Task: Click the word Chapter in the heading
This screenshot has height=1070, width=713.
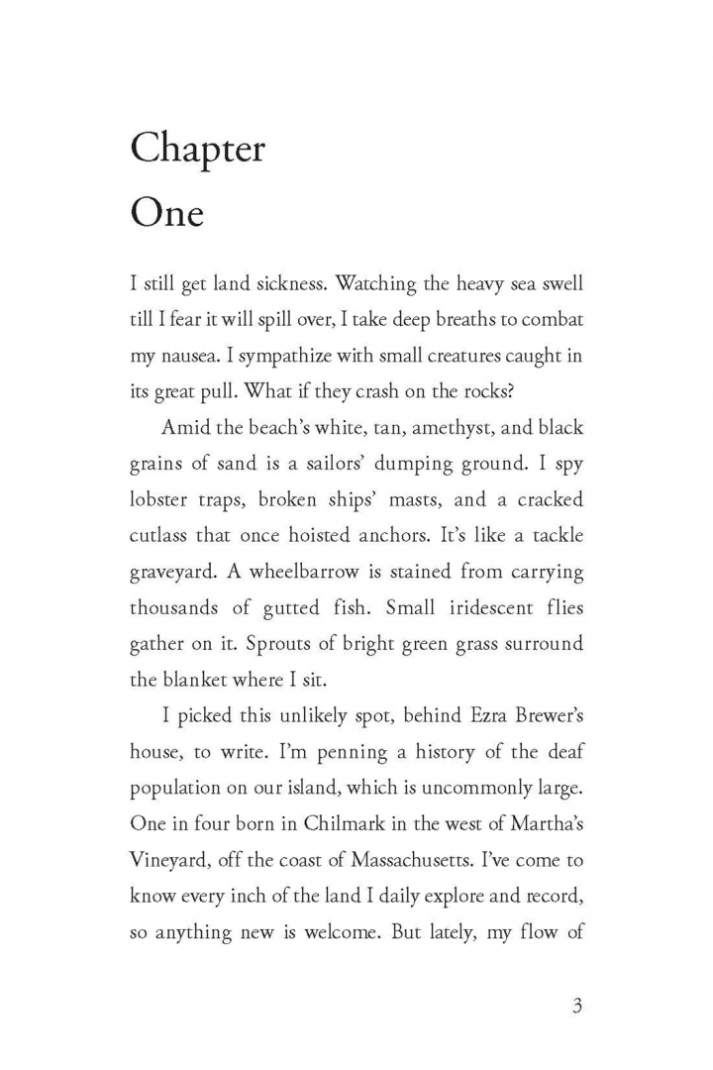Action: tap(198, 151)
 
